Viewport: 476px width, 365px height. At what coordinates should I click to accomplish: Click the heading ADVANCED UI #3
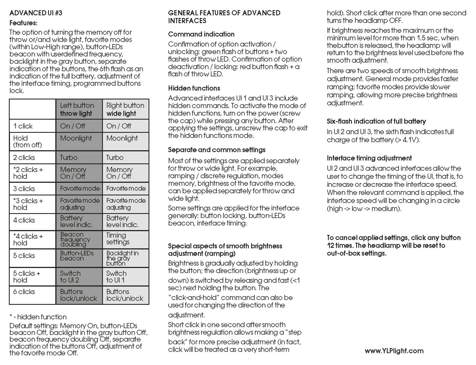point(36,13)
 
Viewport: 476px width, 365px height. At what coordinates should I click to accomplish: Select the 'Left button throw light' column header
point(79,109)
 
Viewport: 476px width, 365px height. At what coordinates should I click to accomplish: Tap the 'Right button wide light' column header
point(125,109)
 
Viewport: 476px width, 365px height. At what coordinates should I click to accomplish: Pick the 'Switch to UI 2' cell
point(79,277)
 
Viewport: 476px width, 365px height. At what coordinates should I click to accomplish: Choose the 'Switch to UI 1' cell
point(125,277)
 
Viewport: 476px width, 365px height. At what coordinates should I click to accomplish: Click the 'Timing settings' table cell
point(125,239)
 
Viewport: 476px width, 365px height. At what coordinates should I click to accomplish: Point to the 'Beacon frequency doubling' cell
point(79,239)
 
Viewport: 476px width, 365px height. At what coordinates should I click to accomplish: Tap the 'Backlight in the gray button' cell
point(125,258)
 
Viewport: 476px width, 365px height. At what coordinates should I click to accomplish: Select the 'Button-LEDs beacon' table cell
point(79,256)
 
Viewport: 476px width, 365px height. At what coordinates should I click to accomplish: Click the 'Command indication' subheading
point(201,34)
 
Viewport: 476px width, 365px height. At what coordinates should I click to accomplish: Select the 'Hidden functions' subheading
point(194,88)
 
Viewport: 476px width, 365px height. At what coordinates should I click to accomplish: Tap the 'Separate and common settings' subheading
point(217,150)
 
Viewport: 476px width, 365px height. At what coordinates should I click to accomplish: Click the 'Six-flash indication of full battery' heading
point(376,121)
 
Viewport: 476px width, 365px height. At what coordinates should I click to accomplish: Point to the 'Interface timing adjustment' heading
point(369,158)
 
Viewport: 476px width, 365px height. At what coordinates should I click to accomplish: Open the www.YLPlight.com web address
point(394,351)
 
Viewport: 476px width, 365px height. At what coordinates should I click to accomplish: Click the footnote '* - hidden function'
point(38,317)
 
